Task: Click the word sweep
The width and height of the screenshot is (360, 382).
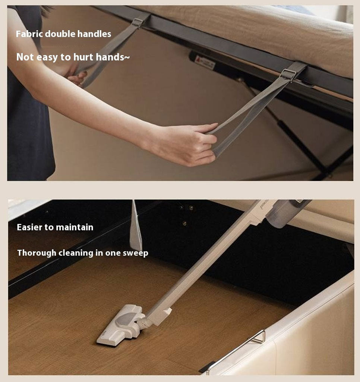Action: [x=135, y=253]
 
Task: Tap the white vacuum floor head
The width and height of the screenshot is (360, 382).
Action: [x=122, y=325]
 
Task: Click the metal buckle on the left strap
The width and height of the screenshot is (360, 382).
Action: [x=137, y=23]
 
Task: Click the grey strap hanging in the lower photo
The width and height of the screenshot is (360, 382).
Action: [x=135, y=226]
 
